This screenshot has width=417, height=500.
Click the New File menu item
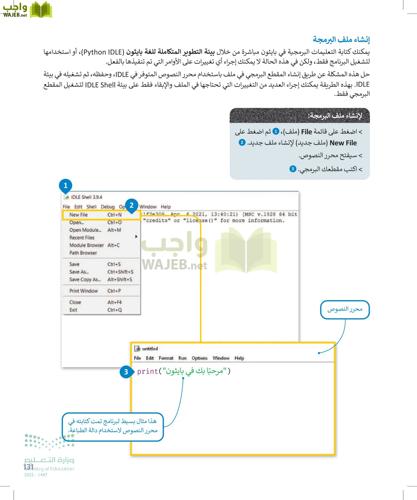(x=79, y=215)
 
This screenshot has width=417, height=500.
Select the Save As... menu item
(x=79, y=272)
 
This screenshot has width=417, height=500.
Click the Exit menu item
(x=73, y=310)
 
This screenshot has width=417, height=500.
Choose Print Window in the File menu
(x=83, y=291)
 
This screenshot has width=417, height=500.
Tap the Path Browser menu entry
(x=83, y=253)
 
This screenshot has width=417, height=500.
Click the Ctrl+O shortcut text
(x=115, y=222)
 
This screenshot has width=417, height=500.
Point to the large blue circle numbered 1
(x=66, y=185)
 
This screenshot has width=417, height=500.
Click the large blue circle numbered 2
(x=131, y=205)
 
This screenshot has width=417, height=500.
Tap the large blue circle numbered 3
(x=126, y=372)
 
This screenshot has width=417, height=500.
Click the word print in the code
(x=147, y=371)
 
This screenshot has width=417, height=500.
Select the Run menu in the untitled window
(x=182, y=358)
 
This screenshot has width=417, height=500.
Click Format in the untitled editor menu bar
(x=166, y=358)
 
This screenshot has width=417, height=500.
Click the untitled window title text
(x=150, y=349)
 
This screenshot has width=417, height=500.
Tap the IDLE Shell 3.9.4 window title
(x=86, y=197)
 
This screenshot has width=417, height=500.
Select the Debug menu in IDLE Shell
(x=108, y=207)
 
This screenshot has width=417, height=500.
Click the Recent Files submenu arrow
(x=136, y=237)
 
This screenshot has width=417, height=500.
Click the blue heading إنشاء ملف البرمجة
(x=341, y=39)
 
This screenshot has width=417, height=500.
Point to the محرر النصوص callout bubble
(x=345, y=309)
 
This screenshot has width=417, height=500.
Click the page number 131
(x=28, y=467)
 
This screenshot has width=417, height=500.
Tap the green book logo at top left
(x=41, y=10)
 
